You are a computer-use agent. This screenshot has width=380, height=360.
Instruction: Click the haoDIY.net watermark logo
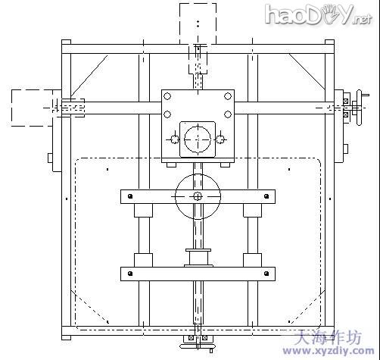click(319, 14)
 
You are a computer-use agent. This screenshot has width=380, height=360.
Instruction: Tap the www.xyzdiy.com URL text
click(329, 351)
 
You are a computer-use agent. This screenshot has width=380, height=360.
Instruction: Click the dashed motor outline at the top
click(198, 23)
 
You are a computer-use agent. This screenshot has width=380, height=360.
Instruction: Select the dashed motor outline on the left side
click(32, 108)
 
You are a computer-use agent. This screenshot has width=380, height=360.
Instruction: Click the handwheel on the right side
click(359, 108)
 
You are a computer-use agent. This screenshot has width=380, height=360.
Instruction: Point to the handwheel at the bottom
click(198, 346)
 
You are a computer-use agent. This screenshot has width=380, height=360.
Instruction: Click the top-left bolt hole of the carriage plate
click(167, 96)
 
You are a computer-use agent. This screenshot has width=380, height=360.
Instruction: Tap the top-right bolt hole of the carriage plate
click(228, 96)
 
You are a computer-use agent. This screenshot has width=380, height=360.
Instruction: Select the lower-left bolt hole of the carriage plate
click(167, 114)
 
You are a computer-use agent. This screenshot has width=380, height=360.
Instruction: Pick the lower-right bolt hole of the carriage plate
click(228, 114)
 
